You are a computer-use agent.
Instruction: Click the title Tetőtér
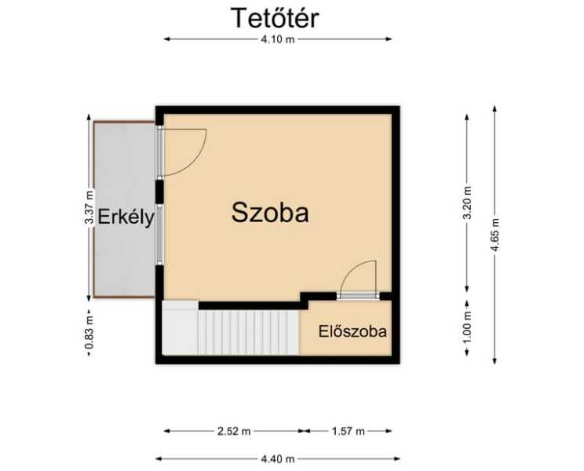[x=275, y=18]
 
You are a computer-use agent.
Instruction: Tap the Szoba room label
[x=270, y=213]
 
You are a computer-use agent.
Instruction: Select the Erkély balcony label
[x=126, y=217]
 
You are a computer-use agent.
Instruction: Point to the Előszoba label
[x=352, y=331]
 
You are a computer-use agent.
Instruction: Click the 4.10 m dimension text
[x=278, y=39]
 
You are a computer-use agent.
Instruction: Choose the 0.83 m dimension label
[x=89, y=333]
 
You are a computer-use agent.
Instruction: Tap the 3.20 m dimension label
[x=467, y=203]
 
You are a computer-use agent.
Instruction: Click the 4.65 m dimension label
[x=495, y=235]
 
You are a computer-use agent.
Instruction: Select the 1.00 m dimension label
[x=467, y=327]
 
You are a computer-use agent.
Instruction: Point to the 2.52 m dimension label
[x=234, y=432]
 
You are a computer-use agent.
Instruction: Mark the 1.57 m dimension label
[x=349, y=432]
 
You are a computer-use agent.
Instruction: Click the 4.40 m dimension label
[x=278, y=459]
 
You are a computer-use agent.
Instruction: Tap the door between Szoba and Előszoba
[x=358, y=297]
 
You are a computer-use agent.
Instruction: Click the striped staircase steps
[x=248, y=333]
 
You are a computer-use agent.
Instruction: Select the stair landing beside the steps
[x=181, y=327]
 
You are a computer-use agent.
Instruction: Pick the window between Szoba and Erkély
[x=159, y=234]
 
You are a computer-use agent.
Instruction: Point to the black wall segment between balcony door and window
[x=159, y=192]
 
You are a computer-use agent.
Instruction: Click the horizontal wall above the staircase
[x=249, y=305]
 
